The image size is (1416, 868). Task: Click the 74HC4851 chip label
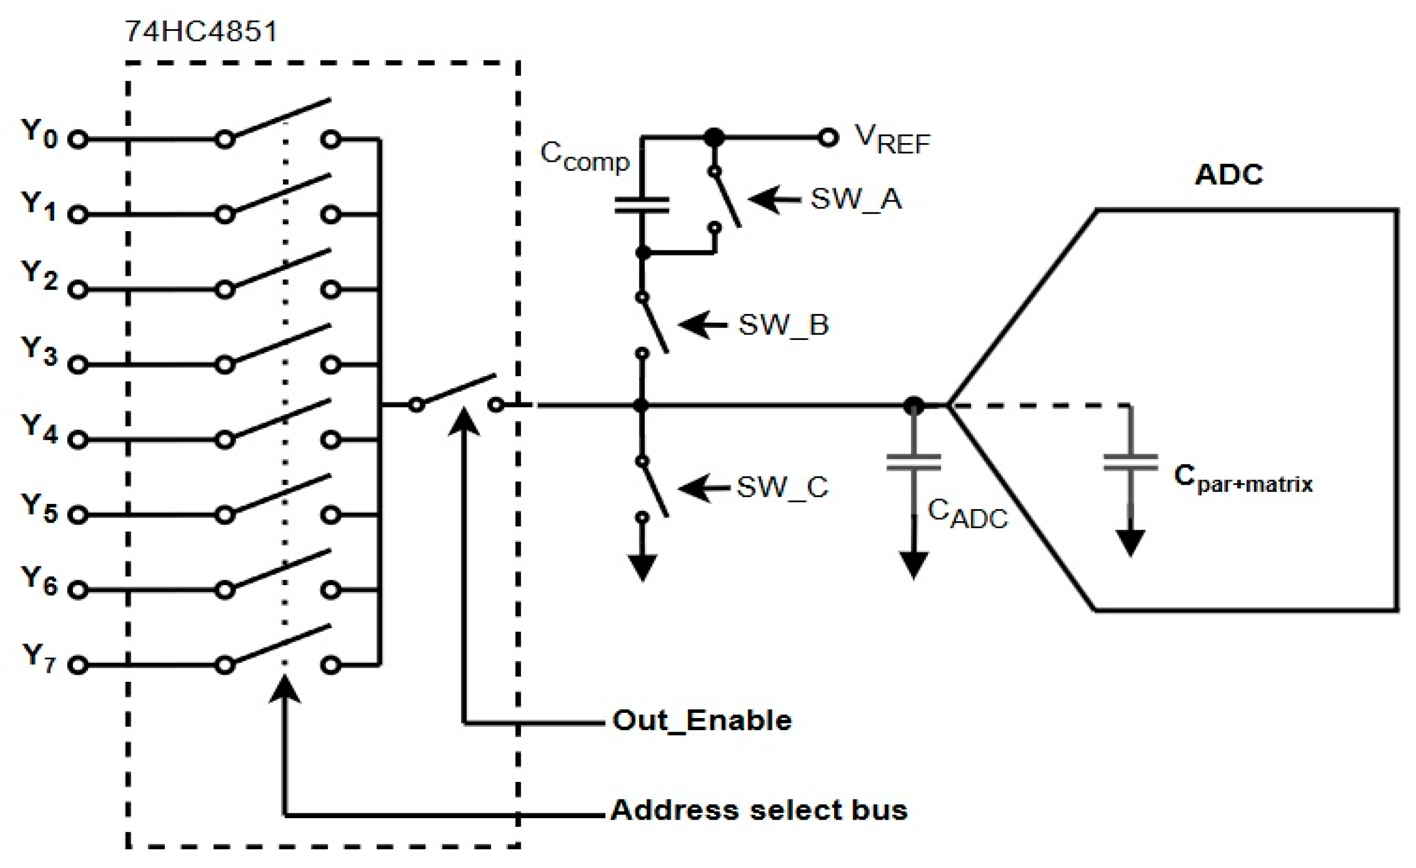(x=202, y=31)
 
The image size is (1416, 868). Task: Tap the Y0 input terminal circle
(x=78, y=140)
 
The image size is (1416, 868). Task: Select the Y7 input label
(x=39, y=658)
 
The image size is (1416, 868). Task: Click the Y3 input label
(x=39, y=351)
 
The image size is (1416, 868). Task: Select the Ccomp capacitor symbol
(x=642, y=205)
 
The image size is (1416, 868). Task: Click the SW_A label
(x=856, y=199)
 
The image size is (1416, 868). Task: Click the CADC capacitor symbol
(x=913, y=463)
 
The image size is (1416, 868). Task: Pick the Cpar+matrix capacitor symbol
(x=1130, y=463)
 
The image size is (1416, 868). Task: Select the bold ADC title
(x=1229, y=174)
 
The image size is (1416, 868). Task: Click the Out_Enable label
(x=702, y=720)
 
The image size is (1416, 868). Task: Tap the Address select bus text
(x=759, y=810)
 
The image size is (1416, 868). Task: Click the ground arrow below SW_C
(x=642, y=566)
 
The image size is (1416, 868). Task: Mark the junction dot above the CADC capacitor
(x=913, y=406)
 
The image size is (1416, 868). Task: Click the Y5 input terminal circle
(x=78, y=515)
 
